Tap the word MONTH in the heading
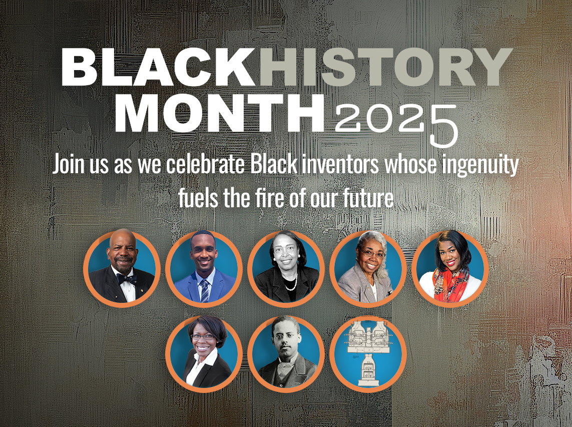tap(223, 114)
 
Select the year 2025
tap(395, 120)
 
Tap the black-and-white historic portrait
tap(286, 353)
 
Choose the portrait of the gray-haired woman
tap(368, 269)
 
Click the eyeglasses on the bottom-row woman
tap(202, 336)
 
